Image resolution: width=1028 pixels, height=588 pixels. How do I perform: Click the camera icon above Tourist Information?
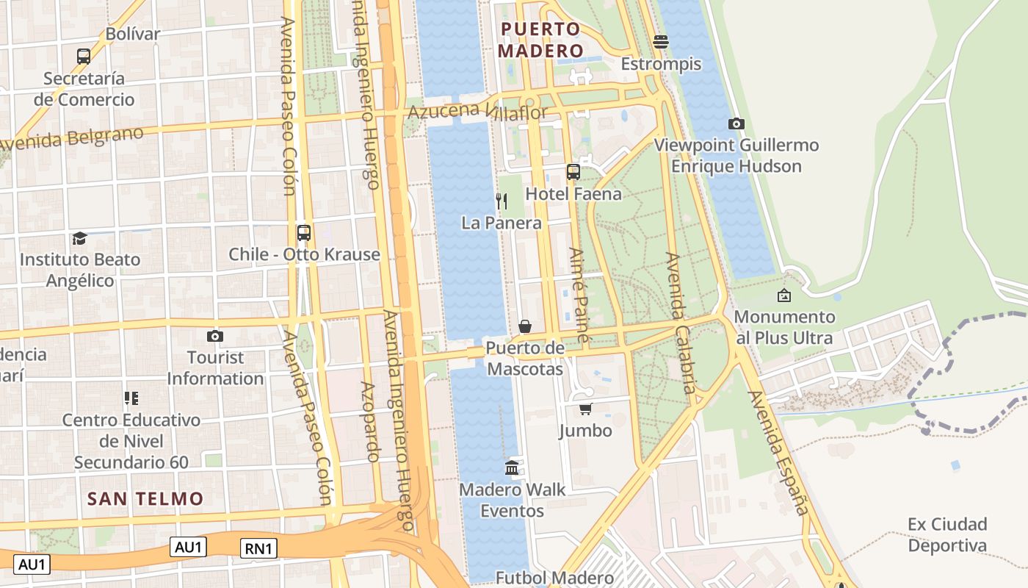coord(214,336)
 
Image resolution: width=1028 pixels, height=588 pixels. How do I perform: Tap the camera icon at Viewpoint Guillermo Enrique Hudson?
coord(736,123)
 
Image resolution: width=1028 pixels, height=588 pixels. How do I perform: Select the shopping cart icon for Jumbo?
coord(585,409)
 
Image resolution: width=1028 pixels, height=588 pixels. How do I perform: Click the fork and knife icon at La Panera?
coord(502,201)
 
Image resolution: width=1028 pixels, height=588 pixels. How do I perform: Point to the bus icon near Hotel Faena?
coord(573,172)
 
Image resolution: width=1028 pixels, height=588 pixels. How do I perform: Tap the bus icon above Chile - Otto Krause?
coord(303,233)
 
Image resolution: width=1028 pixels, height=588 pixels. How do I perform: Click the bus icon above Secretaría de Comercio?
coord(84,56)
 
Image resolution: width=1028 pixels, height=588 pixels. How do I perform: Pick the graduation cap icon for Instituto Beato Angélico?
coord(79,238)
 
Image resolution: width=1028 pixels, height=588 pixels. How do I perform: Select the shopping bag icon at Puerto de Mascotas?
coord(525,326)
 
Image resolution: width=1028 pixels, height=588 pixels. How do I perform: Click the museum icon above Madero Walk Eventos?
coord(513,467)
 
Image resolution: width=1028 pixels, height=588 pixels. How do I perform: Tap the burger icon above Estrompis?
coord(661,42)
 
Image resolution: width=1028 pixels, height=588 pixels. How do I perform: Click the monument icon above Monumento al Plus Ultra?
coord(784,295)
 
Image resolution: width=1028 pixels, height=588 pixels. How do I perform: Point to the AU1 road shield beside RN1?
coord(189,547)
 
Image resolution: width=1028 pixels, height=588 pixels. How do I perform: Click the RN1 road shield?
coord(259,548)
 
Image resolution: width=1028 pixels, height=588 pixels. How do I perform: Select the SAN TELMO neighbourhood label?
coord(145,498)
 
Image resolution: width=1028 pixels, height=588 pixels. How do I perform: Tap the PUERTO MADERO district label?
coord(540,40)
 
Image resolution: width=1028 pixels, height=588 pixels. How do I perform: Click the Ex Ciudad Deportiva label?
coord(947,534)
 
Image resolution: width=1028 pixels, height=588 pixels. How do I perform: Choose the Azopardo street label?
coord(369,422)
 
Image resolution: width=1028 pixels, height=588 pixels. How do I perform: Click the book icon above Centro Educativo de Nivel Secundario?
coord(131,398)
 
